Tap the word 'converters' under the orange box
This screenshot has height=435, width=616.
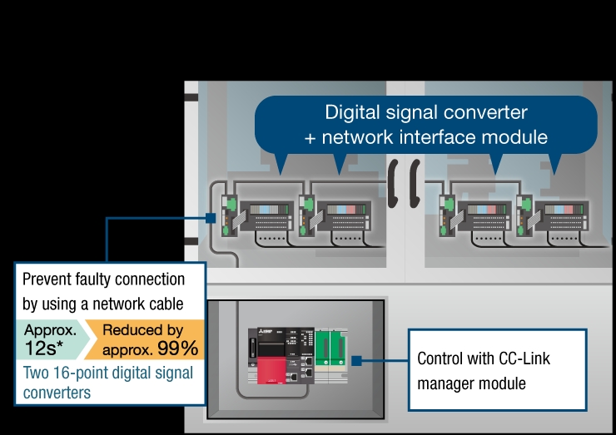click(57, 392)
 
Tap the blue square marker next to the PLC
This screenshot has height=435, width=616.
click(356, 362)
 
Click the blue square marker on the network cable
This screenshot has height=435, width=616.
click(211, 219)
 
